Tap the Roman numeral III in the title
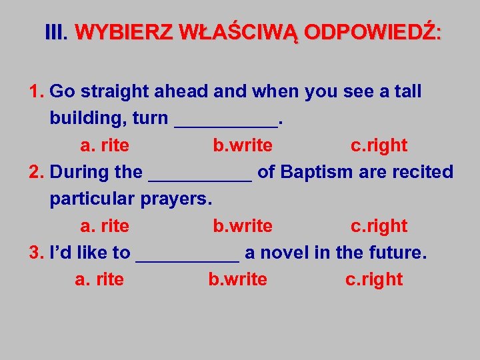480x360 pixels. click(x=56, y=33)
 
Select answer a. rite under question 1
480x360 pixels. click(x=105, y=145)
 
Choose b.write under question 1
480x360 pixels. click(x=243, y=145)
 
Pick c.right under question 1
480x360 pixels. click(x=379, y=145)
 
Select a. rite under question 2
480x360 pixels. click(x=105, y=226)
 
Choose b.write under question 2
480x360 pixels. click(x=243, y=226)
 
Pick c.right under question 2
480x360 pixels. click(x=379, y=226)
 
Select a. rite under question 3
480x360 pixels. click(x=99, y=279)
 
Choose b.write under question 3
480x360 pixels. click(x=237, y=279)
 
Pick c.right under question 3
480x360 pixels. click(x=373, y=279)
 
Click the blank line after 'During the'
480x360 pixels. click(x=199, y=176)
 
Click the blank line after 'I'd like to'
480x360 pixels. click(x=187, y=257)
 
